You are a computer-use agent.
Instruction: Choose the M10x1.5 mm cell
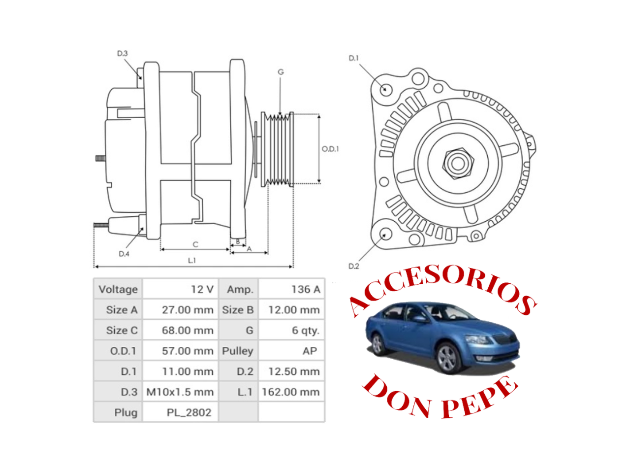[x=180, y=392]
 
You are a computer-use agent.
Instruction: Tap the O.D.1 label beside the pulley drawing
[x=330, y=149]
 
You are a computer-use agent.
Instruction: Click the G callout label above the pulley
[x=281, y=72]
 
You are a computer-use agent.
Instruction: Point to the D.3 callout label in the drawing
[x=122, y=53]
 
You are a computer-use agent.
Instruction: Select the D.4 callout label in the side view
[x=124, y=254]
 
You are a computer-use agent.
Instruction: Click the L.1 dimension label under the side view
[x=192, y=260]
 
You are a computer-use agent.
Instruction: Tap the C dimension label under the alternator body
[x=195, y=244]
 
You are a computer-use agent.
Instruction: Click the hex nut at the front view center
[x=458, y=163]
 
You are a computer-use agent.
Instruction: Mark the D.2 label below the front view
[x=353, y=266]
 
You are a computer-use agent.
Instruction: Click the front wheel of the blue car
[x=448, y=358]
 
